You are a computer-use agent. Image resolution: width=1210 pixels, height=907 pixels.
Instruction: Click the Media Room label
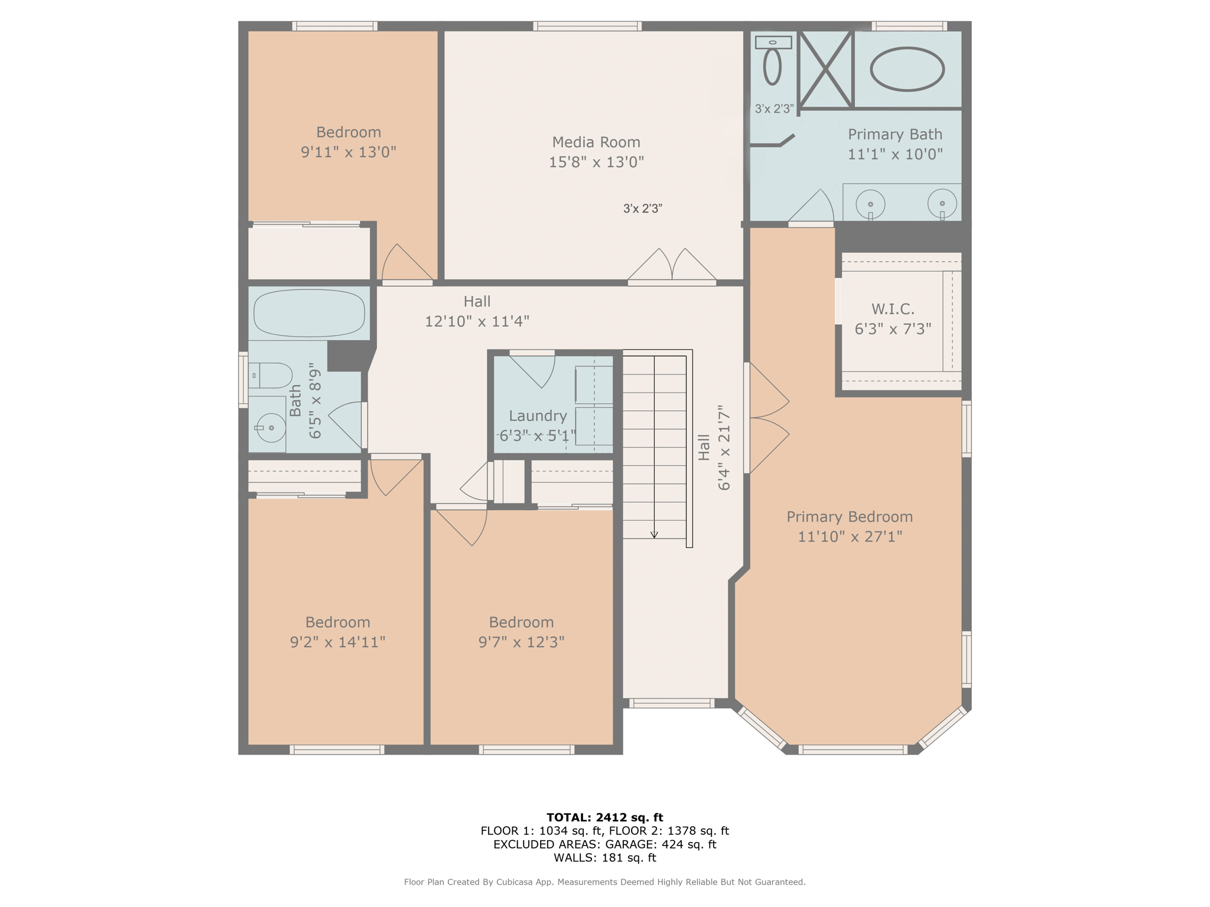(596, 142)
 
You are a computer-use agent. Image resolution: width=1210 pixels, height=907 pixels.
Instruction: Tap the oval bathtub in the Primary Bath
(906, 70)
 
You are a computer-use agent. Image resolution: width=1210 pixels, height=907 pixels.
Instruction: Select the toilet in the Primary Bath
(772, 66)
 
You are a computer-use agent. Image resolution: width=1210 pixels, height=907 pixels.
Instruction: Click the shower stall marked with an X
(825, 70)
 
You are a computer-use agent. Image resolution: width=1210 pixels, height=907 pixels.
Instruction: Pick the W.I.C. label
(893, 309)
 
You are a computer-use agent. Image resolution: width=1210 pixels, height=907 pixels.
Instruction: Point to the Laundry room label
(538, 416)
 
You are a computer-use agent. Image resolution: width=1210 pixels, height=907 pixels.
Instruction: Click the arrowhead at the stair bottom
(654, 534)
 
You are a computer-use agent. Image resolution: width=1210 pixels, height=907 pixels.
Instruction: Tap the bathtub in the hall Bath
(309, 313)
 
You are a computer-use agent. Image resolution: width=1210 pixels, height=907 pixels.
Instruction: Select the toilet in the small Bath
(271, 375)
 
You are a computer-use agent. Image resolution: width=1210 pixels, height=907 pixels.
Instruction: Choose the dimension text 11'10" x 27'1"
(850, 536)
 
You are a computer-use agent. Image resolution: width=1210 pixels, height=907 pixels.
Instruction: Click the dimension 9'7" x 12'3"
(521, 642)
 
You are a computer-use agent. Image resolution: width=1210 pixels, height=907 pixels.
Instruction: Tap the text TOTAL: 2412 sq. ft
(604, 817)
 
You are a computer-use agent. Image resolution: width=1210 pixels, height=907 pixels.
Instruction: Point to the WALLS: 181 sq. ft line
(604, 857)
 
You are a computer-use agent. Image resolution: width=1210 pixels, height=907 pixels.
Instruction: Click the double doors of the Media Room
(672, 267)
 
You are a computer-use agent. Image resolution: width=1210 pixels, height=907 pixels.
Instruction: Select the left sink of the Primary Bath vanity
(870, 204)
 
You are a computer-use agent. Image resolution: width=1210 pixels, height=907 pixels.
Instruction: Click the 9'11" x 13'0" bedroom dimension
(348, 152)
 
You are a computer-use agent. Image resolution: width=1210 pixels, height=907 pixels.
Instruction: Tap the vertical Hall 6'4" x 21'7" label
(714, 448)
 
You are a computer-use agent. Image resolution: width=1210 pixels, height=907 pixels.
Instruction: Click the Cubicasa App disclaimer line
(604, 882)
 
